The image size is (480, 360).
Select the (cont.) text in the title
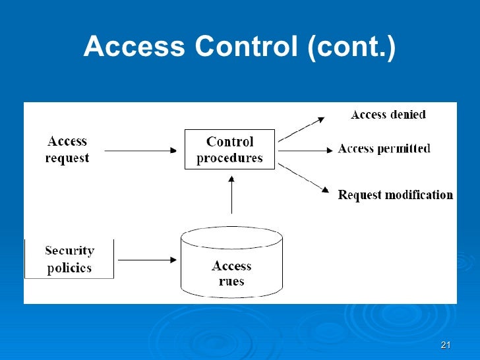(x=351, y=47)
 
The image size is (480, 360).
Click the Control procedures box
(x=229, y=150)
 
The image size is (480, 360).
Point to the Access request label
(x=67, y=150)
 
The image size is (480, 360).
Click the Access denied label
(x=388, y=115)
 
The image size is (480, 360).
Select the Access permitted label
(x=384, y=149)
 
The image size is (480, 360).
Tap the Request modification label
(x=395, y=195)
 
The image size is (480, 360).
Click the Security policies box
(x=69, y=259)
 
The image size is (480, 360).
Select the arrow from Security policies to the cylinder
(x=146, y=260)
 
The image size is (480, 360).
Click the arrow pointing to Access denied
(x=301, y=129)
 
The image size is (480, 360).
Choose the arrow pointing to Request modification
(x=303, y=177)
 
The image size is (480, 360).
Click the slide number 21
(x=445, y=346)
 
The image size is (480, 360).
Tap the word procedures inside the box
(x=229, y=158)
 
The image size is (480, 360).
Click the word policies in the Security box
(x=69, y=268)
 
